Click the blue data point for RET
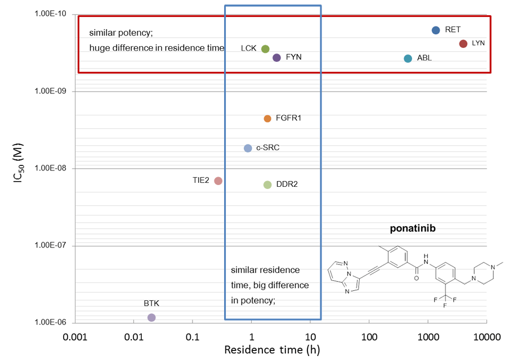pos(436,30)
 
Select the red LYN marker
pos(463,44)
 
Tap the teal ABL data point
pos(408,58)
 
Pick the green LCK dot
pos(265,49)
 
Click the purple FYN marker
pos(276,57)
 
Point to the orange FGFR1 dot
pos(267,119)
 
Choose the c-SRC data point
pos(248,148)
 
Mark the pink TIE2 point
pos(218,181)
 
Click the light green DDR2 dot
pos(267,184)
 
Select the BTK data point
pos(151,317)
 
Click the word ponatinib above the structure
pos(413,229)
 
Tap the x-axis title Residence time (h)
pos(273,349)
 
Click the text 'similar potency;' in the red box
pos(120,33)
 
